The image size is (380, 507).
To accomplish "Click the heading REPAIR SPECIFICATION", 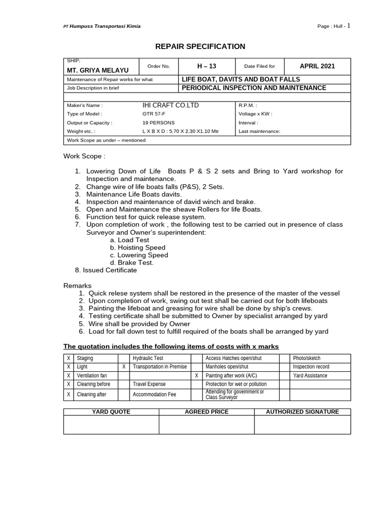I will coord(200,47).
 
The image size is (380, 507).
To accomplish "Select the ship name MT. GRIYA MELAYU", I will coord(95,70).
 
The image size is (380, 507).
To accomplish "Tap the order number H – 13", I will coord(207,66).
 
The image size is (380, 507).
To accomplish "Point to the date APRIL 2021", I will coord(317,66).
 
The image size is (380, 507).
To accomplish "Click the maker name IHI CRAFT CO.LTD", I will coord(171,105).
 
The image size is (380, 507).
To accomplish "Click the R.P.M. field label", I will coord(248,105).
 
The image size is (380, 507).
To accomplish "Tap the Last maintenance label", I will coord(259,132).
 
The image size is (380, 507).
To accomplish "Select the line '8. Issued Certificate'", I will coord(106,270).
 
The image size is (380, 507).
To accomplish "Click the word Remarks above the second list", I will coord(78,286).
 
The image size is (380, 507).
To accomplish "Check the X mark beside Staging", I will coord(68,358).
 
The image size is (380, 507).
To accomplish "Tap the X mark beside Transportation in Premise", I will coord(123,367).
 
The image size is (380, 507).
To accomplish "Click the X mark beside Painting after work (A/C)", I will coord(196,376).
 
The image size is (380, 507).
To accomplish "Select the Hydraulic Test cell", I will coord(148,358).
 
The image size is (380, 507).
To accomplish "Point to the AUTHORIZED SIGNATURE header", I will coord(302,412).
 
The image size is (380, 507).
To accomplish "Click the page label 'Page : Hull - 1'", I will coord(334,26).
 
